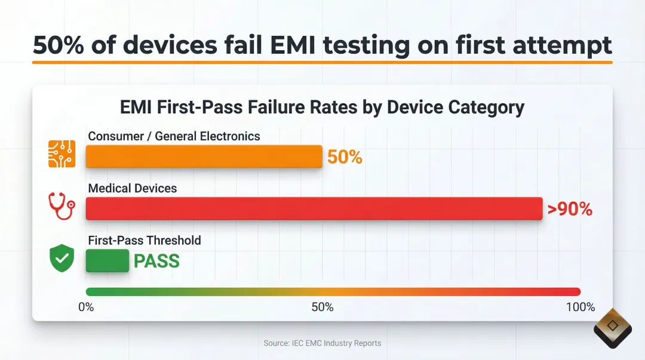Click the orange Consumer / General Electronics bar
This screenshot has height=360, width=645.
click(204, 157)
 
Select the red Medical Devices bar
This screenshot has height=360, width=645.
click(314, 208)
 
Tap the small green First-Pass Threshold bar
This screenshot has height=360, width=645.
click(107, 261)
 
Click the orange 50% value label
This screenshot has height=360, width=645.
click(345, 157)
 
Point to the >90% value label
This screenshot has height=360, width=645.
click(569, 209)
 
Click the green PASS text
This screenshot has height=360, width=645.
click(156, 261)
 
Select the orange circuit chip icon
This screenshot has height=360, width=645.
click(62, 153)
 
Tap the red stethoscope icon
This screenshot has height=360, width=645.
click(62, 207)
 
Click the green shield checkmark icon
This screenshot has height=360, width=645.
click(62, 259)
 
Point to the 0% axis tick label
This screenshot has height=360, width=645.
click(86, 307)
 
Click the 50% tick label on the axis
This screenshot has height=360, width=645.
click(322, 307)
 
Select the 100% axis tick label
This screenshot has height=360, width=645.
click(580, 307)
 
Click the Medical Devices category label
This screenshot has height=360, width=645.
click(133, 188)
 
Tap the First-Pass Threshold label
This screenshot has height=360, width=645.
click(145, 240)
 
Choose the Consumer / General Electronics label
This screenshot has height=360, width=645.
click(174, 136)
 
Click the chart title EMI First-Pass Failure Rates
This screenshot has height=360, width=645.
click(322, 107)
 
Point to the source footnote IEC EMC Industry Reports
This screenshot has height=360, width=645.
click(322, 343)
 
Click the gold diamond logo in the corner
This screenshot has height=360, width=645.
click(613, 327)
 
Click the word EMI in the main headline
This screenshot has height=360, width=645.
click(305, 45)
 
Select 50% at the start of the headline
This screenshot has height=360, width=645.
click(58, 45)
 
